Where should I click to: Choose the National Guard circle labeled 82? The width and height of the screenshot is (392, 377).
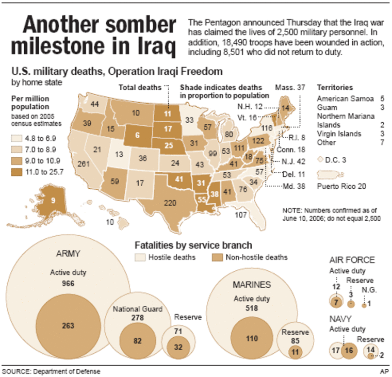137,341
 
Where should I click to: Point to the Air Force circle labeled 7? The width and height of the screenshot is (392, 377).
336,302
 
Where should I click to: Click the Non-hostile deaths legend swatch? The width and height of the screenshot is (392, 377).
219,256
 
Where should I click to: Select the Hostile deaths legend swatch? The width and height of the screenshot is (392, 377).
140,256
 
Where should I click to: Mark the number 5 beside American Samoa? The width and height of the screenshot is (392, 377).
382,98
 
